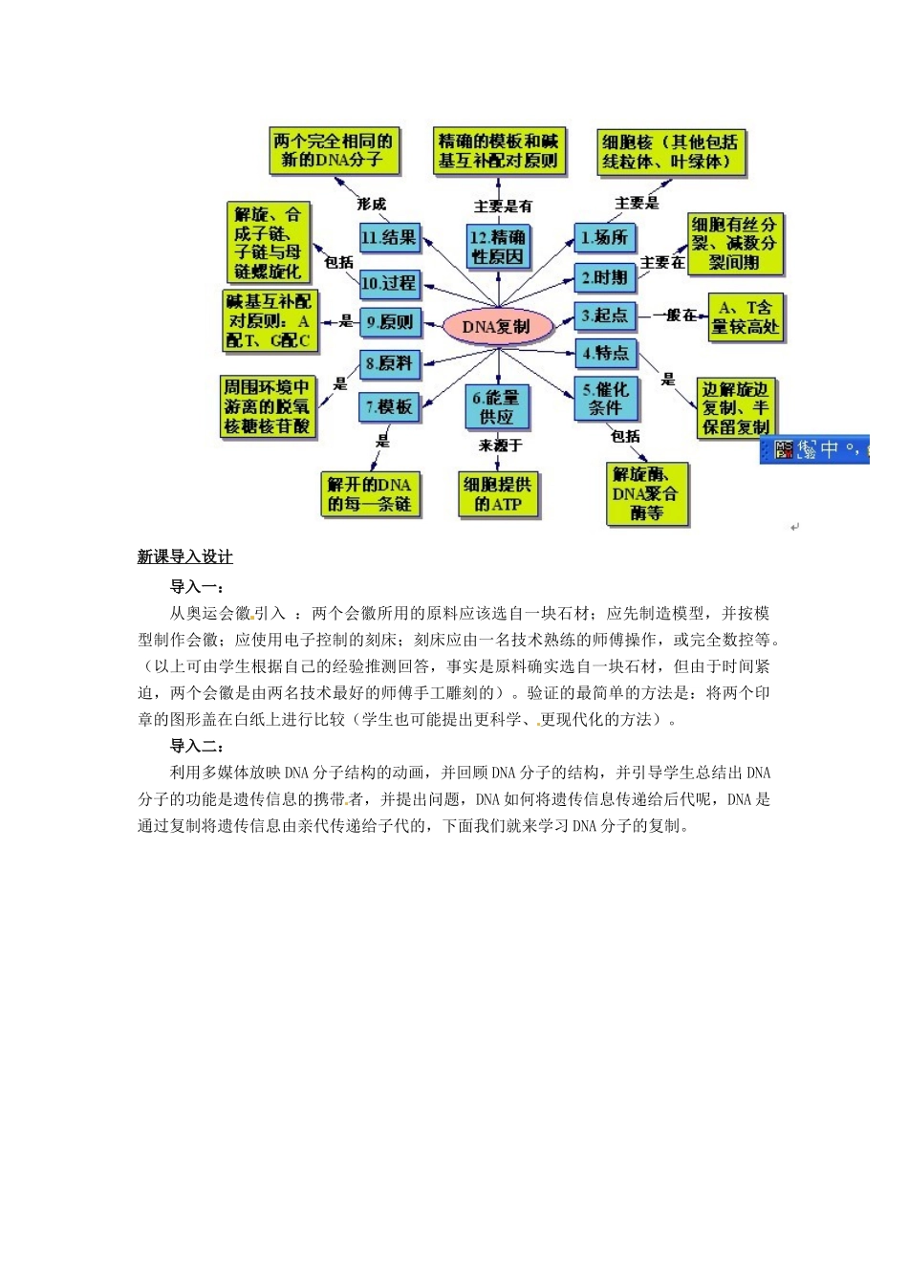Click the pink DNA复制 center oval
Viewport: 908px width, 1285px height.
[497, 326]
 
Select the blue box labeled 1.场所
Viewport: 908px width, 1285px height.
[604, 238]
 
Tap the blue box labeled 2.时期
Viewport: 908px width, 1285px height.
[604, 278]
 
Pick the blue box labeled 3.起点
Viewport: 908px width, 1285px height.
[604, 316]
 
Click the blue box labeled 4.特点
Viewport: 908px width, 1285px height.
[605, 354]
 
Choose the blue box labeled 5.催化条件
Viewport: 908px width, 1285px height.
[605, 399]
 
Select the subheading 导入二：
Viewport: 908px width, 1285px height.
[197, 746]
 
